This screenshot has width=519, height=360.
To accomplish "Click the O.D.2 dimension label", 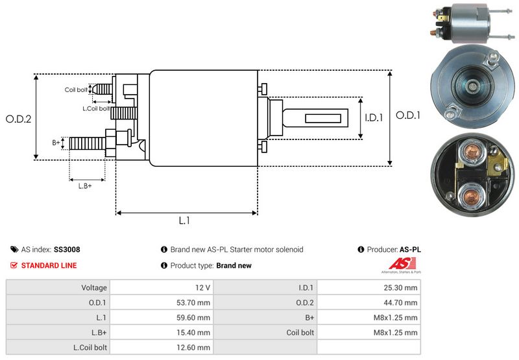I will click(x=18, y=119).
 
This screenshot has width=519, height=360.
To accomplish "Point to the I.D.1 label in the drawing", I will click(x=375, y=118).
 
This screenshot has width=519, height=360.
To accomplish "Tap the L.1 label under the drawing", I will click(x=184, y=221).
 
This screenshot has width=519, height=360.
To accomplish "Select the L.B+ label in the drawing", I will click(x=85, y=186).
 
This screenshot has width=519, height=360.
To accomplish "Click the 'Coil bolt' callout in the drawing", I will click(x=75, y=90).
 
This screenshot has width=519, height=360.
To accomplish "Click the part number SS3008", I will click(x=67, y=249).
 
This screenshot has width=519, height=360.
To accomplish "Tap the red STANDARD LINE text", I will click(x=49, y=265).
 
